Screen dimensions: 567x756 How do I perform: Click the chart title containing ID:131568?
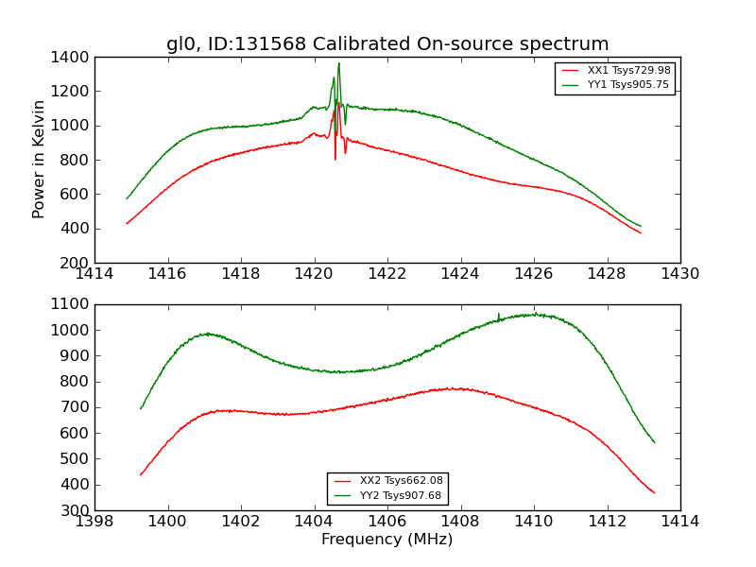click(387, 44)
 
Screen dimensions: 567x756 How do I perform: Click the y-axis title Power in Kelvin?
click(40, 159)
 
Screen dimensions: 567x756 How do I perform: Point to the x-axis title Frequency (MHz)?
click(387, 540)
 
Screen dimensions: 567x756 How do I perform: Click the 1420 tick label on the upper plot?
click(314, 273)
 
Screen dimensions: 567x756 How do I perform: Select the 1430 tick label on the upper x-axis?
click(679, 273)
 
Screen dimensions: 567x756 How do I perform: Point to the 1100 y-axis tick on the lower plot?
click(74, 304)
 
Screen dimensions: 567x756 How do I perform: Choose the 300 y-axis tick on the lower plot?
click(77, 510)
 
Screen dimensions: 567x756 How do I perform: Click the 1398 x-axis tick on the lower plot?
click(95, 521)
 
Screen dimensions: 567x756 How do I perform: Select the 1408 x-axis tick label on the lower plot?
click(460, 521)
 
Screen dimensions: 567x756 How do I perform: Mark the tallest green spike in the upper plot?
click(338, 64)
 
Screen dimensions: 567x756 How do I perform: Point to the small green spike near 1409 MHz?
click(499, 315)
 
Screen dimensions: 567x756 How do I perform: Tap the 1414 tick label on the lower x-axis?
click(679, 521)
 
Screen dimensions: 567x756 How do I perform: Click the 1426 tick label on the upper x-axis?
click(533, 273)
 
